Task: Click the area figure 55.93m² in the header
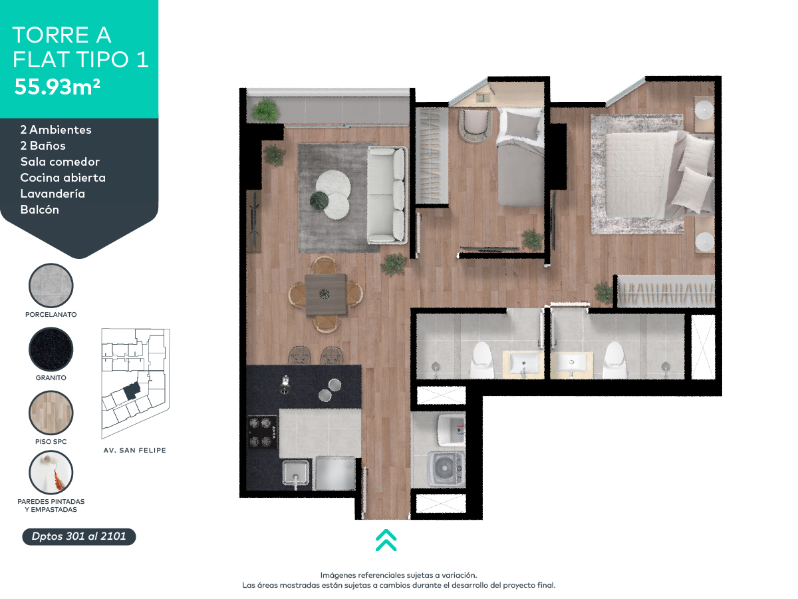(x=57, y=87)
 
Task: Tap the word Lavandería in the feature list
(x=53, y=194)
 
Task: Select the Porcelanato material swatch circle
(x=51, y=286)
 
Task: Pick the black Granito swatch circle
(x=51, y=349)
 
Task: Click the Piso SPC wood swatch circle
(x=51, y=413)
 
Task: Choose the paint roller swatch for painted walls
(x=51, y=473)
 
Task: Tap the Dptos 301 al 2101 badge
(x=79, y=536)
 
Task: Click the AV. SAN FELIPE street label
(x=135, y=451)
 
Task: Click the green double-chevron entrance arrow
(x=386, y=540)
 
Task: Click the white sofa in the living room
(x=387, y=194)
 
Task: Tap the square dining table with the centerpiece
(x=325, y=294)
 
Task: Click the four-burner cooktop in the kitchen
(x=262, y=433)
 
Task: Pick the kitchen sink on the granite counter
(x=295, y=473)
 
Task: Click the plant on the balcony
(x=265, y=109)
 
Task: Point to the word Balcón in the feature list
(x=40, y=210)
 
